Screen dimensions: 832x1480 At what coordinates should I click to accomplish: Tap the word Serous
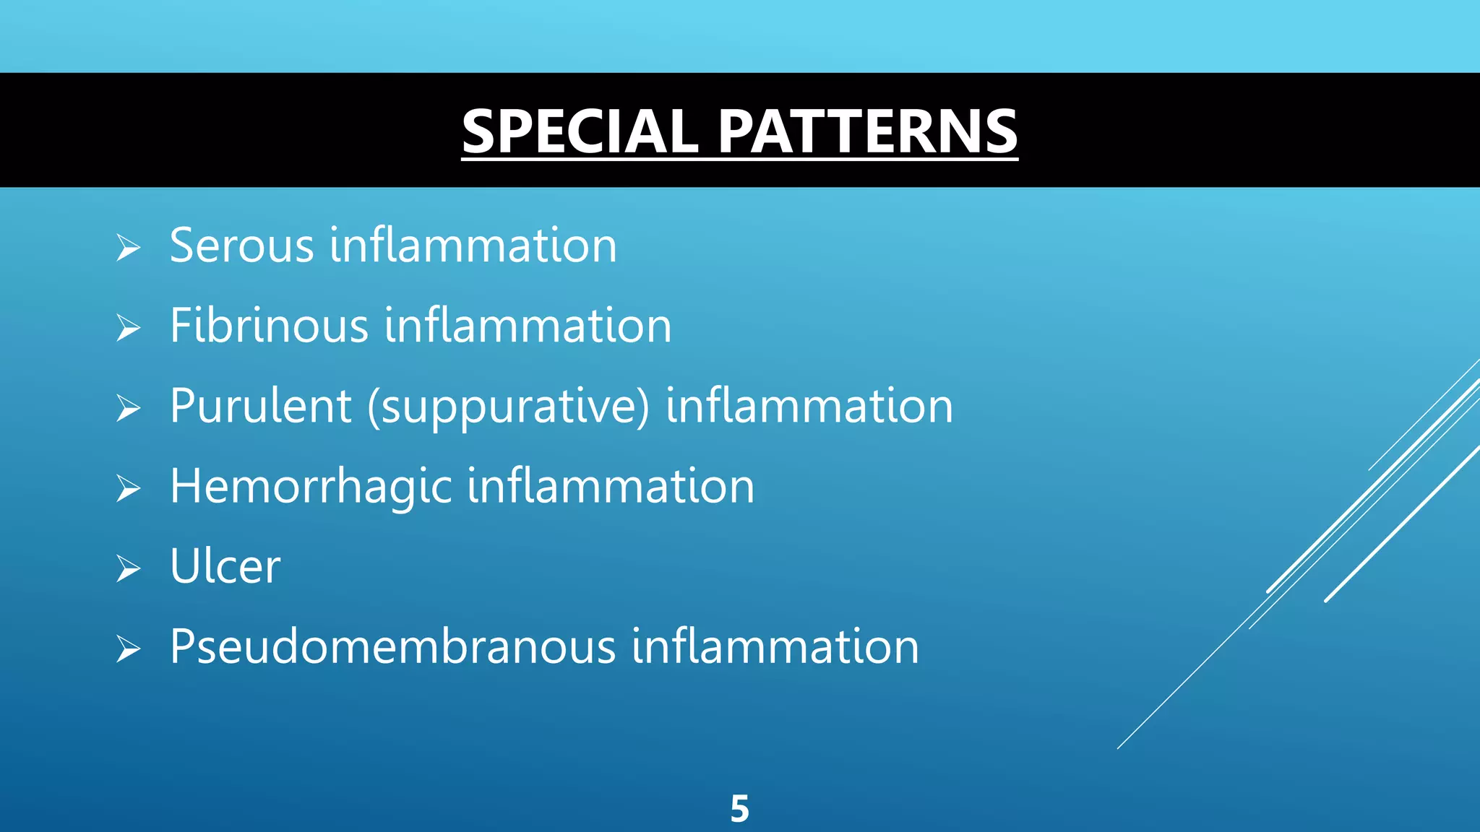pos(241,246)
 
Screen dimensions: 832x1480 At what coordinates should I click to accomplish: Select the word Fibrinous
pos(269,326)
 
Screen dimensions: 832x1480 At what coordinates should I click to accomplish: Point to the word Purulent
pos(260,406)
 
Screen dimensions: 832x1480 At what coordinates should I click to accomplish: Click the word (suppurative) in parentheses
pos(508,407)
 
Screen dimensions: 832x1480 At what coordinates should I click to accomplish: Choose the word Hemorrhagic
pos(311,486)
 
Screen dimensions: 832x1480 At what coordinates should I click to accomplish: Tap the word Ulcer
pos(225,566)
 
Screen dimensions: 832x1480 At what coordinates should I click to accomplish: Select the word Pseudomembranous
pos(392,646)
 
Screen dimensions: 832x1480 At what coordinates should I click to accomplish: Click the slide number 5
pos(739,809)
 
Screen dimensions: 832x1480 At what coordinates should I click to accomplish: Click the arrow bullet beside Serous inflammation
pos(128,248)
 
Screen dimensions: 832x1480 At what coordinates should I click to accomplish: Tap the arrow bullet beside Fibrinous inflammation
pos(128,329)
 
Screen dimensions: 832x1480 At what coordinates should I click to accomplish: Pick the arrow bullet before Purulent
pos(128,409)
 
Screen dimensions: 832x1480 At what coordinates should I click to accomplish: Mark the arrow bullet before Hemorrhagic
pos(128,489)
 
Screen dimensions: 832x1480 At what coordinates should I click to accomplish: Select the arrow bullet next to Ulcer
pos(128,569)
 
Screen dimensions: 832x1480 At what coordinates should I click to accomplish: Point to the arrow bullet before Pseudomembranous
pos(128,649)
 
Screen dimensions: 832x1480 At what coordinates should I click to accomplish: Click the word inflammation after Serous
pos(473,246)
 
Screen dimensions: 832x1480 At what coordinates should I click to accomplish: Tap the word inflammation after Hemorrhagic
pos(611,486)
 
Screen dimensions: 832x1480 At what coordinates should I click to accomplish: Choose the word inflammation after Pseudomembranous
pos(775,646)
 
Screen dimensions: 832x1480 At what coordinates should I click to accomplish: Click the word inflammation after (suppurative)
pos(809,406)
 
